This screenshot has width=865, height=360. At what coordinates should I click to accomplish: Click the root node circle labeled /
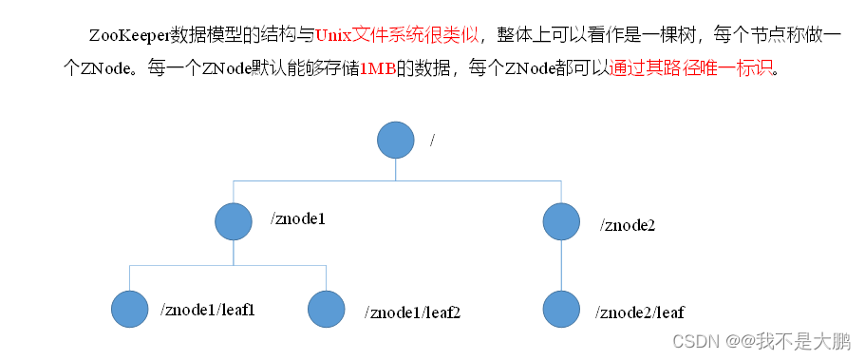point(396,140)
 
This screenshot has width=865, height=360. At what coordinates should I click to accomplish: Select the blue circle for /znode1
point(234,221)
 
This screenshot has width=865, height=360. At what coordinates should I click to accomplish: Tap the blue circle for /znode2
point(562,221)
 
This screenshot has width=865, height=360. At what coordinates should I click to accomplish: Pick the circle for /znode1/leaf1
point(130,310)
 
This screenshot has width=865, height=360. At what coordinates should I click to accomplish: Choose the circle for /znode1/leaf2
point(327,310)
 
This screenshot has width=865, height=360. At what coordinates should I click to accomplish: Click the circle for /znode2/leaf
point(562,310)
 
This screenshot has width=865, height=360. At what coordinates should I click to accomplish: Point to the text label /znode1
point(298,219)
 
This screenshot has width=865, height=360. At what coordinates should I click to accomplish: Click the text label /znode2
point(628,225)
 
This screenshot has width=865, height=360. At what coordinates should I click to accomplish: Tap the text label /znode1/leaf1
point(208,310)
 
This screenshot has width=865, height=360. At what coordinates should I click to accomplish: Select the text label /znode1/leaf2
point(412,312)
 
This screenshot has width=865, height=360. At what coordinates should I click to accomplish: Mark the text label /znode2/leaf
point(639,312)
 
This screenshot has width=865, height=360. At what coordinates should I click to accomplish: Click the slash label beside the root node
point(433,140)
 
